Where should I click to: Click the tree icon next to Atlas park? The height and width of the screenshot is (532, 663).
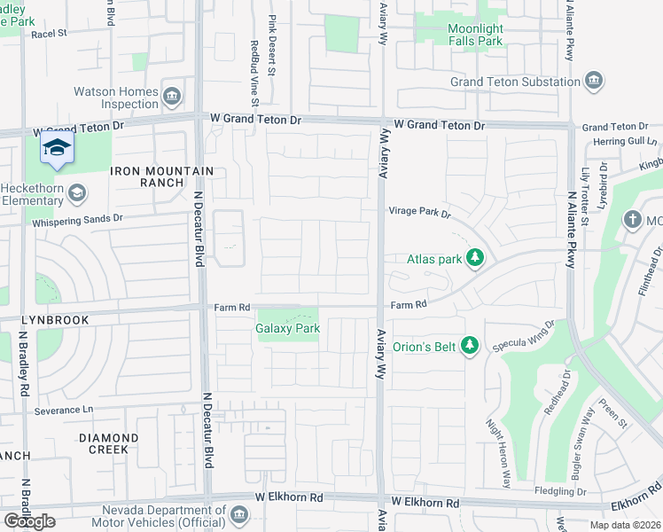(476, 258)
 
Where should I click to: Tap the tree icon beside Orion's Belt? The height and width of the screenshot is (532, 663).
(470, 346)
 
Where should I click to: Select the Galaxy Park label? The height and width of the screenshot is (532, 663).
(287, 328)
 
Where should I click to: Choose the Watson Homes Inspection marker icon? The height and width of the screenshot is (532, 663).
(173, 95)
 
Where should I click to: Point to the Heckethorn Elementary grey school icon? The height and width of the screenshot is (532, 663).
(77, 193)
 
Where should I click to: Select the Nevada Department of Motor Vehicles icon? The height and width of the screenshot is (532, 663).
(238, 515)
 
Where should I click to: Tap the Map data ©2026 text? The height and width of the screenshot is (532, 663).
(625, 525)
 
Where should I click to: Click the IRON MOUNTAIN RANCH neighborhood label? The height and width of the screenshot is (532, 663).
(161, 176)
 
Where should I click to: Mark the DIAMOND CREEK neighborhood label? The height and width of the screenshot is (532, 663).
(108, 443)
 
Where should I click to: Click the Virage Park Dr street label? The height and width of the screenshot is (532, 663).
(420, 213)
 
